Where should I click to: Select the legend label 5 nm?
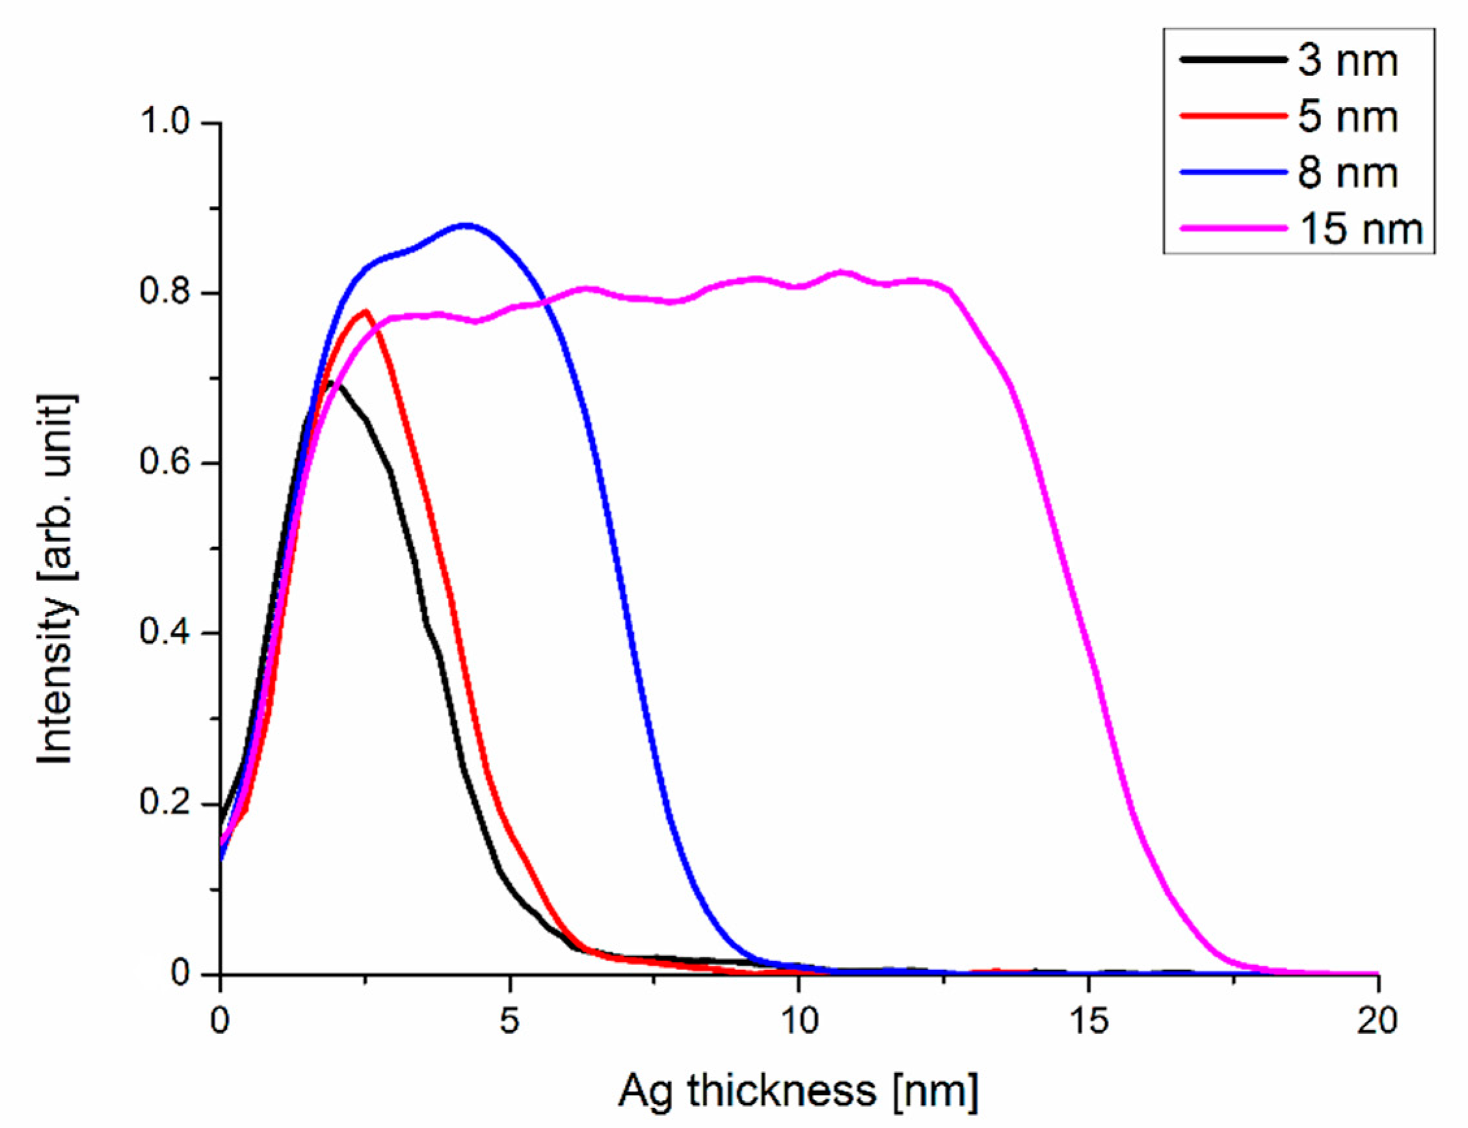click(x=1346, y=117)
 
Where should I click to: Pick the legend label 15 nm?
click(x=1360, y=229)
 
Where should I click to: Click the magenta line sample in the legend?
click(x=1233, y=228)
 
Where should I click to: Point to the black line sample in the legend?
click(x=1233, y=60)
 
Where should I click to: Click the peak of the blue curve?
click(x=465, y=225)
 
